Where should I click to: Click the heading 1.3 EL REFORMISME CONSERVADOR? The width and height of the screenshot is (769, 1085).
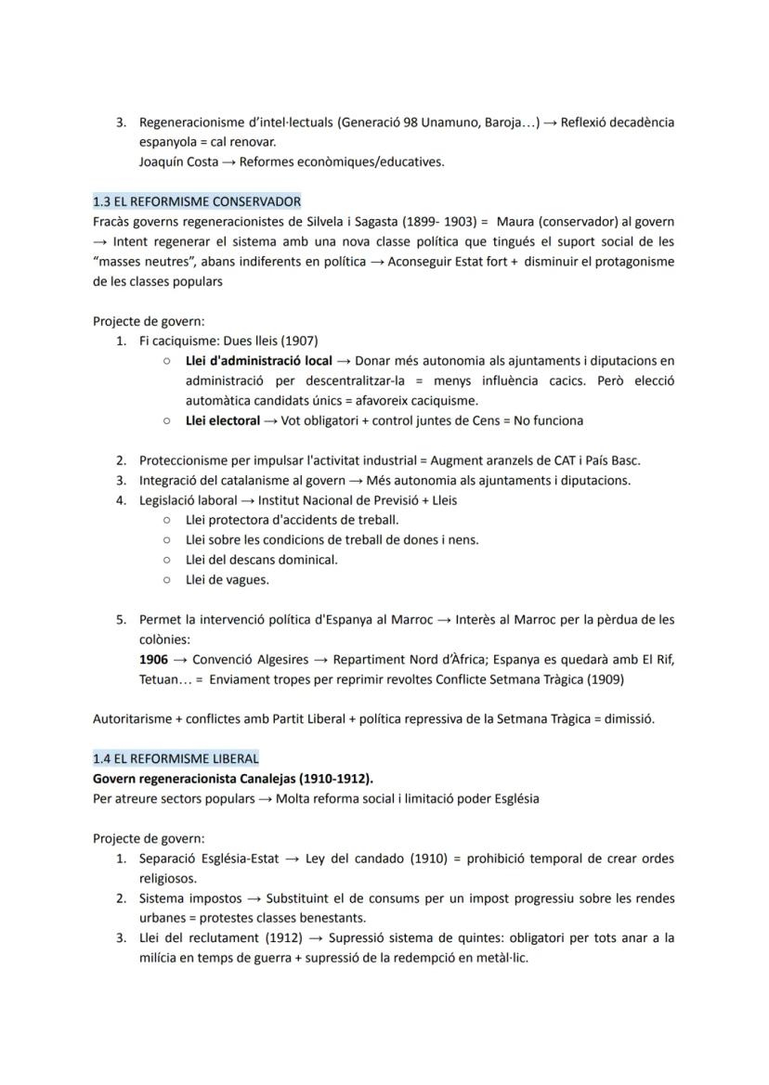coord(197,201)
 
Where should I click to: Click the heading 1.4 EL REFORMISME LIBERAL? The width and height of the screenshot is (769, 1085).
coord(176,758)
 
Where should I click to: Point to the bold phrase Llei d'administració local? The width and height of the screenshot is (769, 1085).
coord(259,360)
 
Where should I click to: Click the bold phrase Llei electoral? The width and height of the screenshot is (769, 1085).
coord(223,420)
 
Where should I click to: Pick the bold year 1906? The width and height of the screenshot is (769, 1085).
coord(153,659)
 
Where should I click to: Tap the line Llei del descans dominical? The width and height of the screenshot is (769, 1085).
coord(262,560)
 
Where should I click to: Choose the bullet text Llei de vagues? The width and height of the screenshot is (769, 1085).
coord(228,580)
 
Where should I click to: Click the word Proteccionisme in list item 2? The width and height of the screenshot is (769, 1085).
coord(185,460)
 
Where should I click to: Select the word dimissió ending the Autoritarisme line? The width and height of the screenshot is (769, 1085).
coord(629,719)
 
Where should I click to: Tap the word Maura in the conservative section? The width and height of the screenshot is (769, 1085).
coord(515,222)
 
